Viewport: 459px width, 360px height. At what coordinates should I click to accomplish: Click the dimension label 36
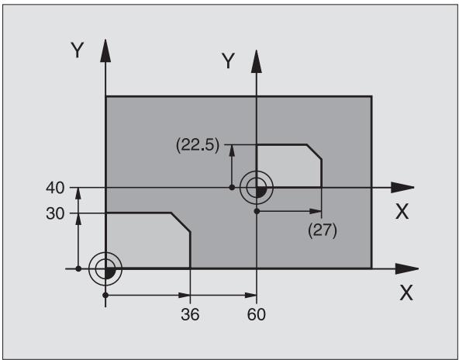190,314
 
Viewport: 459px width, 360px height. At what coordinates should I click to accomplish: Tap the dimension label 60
257,314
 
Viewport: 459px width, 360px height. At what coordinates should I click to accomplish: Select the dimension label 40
55,188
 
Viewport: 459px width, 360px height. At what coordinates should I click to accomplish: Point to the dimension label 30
55,214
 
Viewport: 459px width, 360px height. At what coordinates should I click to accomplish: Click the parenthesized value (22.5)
198,145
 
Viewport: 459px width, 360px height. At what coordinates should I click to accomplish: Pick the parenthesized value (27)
323,231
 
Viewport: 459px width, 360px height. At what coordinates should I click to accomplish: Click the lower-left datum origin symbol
105,268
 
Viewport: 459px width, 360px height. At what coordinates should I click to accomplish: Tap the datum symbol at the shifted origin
257,187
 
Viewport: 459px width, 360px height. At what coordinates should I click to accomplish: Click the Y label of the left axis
78,50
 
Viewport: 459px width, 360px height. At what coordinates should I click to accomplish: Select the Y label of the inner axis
228,61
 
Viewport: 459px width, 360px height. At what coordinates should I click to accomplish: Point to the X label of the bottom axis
406,293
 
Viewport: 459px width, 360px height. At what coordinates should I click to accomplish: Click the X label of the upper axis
402,212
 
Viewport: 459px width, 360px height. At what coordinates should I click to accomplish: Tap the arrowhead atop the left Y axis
105,50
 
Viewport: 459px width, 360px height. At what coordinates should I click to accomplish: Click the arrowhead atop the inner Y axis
257,61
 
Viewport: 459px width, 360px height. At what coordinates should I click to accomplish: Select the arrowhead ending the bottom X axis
407,268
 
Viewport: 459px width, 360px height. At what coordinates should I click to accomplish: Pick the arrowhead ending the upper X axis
402,188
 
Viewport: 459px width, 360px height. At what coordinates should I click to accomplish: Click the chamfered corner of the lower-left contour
181,223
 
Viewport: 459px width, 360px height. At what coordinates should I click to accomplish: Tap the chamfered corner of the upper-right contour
314,152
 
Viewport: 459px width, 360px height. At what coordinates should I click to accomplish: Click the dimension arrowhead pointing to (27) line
316,211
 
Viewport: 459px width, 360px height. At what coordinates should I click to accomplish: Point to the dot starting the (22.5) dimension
232,187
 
